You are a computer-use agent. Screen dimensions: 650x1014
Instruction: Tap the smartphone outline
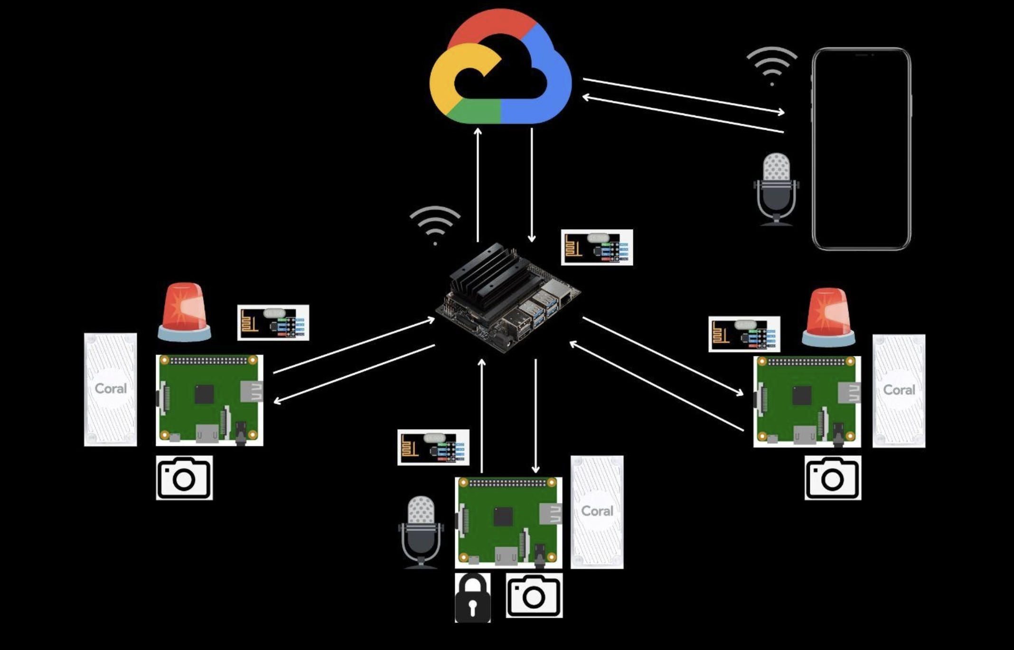click(x=861, y=149)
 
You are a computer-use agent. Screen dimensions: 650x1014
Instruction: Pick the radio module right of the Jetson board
click(x=597, y=247)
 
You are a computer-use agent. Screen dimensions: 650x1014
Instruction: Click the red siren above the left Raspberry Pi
click(x=184, y=311)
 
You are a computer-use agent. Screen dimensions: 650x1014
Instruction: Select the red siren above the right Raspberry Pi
click(x=828, y=316)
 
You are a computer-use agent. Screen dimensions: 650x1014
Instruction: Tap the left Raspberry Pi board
click(x=209, y=400)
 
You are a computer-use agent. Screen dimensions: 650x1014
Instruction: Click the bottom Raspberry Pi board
click(x=508, y=522)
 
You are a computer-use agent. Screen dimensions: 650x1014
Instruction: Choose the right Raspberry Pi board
click(x=807, y=401)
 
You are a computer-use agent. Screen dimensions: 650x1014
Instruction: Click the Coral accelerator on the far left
click(x=111, y=389)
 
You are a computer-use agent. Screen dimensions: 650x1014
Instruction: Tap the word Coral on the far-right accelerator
click(x=899, y=390)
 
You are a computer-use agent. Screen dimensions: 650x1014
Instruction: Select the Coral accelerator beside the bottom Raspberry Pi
click(x=597, y=512)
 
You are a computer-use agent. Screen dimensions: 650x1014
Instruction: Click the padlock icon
click(x=472, y=598)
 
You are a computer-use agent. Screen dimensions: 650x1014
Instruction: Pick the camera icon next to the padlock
click(x=534, y=595)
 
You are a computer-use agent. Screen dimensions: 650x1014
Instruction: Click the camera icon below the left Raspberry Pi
click(x=184, y=478)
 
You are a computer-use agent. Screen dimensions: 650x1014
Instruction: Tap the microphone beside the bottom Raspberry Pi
click(x=421, y=531)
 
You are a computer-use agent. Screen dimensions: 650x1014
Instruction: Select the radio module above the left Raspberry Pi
click(x=273, y=323)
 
